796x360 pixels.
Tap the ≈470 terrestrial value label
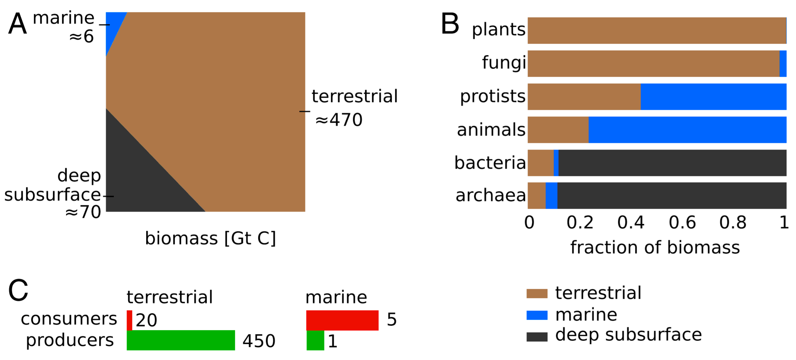coord(339,120)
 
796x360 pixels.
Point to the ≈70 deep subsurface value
coord(83,212)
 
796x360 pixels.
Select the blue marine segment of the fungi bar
coord(783,64)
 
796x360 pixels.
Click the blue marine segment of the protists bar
coord(713,97)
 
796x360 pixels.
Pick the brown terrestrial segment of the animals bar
coord(558,130)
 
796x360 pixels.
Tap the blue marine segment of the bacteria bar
coord(556,163)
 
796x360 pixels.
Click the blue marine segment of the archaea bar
coord(551,195)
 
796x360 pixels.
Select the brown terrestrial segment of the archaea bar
coord(537,195)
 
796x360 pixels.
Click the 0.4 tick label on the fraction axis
coord(631,223)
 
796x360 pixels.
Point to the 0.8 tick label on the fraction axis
coord(733,223)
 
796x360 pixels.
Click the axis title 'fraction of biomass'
coord(655,247)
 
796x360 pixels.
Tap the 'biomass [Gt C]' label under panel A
coord(210,238)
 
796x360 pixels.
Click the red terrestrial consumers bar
coord(129,320)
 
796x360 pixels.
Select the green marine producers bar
coord(315,340)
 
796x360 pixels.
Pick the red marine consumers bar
coord(342,320)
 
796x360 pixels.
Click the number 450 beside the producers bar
coord(259,341)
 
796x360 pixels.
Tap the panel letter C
coord(18,290)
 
